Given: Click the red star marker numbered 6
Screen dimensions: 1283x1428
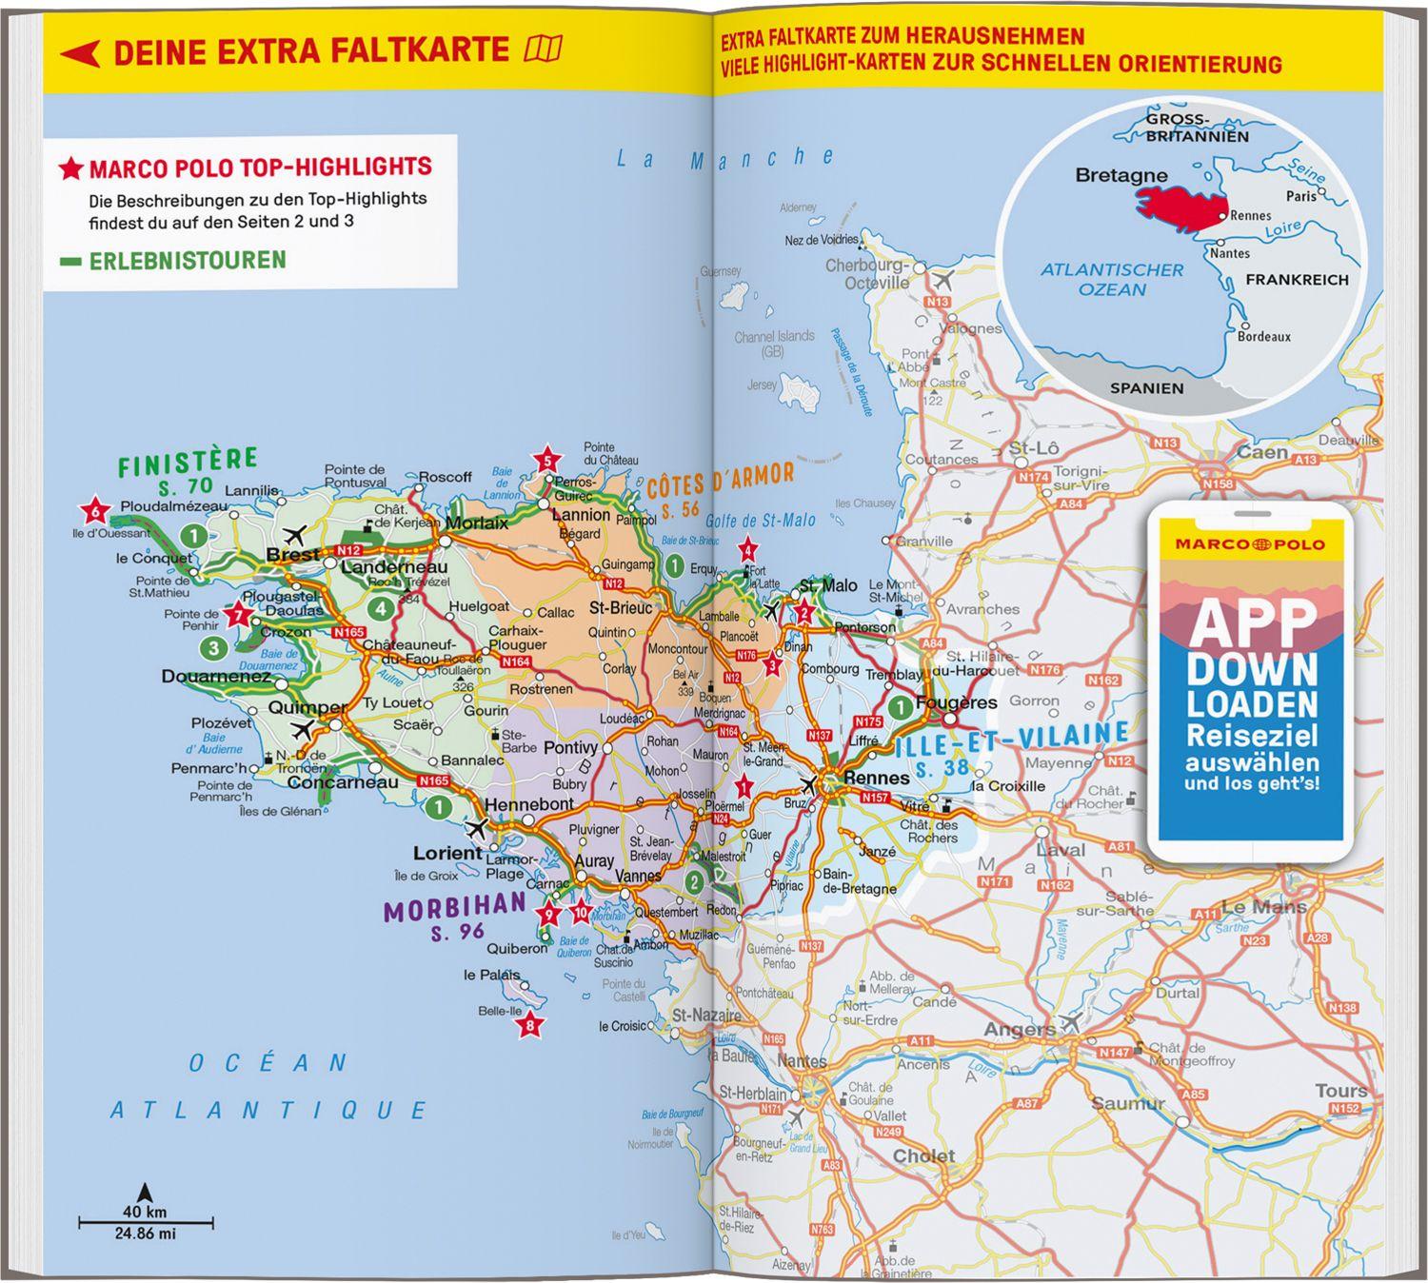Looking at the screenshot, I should [x=94, y=511].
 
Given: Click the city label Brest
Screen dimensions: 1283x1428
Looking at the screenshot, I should [x=293, y=555].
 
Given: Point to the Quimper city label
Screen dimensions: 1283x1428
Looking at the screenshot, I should [x=307, y=707].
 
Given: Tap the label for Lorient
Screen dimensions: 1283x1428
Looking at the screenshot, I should [x=446, y=853].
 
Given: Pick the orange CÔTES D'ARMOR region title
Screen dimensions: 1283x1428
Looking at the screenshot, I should [x=720, y=481].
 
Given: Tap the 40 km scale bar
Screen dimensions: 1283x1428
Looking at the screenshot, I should [x=145, y=1220].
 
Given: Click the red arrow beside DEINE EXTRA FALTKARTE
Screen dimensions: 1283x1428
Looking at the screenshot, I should [x=81, y=53].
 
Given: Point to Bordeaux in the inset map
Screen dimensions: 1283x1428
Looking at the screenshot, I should [x=1264, y=336].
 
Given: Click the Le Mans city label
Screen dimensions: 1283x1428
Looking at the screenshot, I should [x=1263, y=907].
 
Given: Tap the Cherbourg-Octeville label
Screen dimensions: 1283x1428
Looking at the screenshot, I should [x=866, y=274].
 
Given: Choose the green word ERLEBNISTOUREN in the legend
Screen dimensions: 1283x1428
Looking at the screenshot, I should [x=187, y=260].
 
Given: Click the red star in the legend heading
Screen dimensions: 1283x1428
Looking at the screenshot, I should [x=70, y=169].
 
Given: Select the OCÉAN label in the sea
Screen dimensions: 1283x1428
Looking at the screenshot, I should [x=268, y=1063].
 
